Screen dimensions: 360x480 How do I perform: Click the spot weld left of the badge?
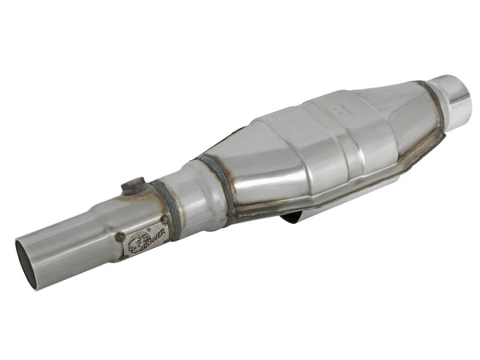[121, 237]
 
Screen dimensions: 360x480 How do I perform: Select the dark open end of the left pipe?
[26, 263]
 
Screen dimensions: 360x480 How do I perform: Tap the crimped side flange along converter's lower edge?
[360, 188]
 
